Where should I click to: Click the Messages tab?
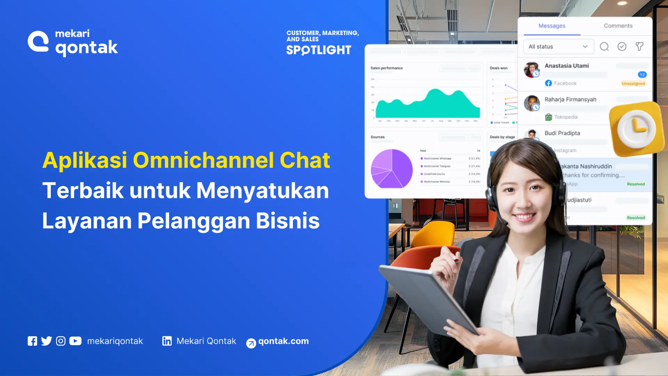(552, 26)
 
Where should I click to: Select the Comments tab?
(618, 26)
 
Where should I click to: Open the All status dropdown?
(558, 47)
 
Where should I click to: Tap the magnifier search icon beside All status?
(604, 47)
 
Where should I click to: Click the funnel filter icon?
(639, 47)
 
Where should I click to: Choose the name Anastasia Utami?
(566, 66)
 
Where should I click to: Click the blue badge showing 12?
(642, 75)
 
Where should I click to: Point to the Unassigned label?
(633, 84)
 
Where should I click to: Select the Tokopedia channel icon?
(548, 117)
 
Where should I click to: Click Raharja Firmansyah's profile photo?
(531, 103)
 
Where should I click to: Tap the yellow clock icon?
(636, 129)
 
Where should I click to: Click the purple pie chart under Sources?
(392, 169)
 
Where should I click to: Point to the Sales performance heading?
(387, 68)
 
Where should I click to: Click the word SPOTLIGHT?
(319, 50)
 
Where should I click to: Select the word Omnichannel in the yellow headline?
(203, 160)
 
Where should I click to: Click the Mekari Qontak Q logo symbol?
(38, 42)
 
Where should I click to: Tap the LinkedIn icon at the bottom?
(167, 341)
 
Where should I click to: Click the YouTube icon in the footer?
(75, 341)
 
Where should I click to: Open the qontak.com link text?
(283, 341)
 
